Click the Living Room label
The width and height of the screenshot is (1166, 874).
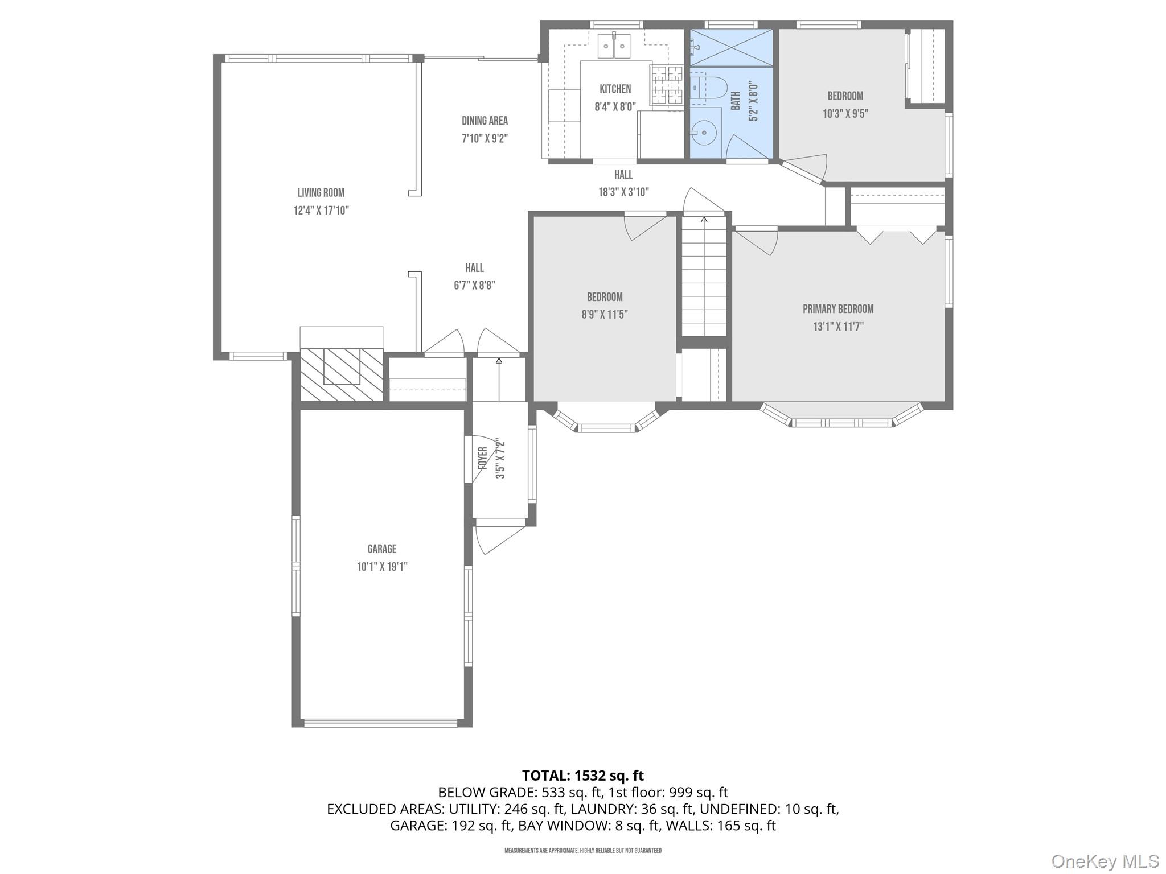point(321,193)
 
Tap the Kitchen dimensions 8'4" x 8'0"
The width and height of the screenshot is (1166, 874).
point(615,106)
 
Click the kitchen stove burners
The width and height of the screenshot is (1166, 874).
point(667,85)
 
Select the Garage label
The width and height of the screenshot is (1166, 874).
point(381,549)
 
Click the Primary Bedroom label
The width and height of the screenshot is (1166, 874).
point(838,309)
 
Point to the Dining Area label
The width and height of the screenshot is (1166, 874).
point(485,121)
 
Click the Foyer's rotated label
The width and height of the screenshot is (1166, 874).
point(482,459)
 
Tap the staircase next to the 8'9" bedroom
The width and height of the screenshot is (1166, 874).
point(704,276)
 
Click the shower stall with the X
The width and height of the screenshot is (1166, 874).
point(732,48)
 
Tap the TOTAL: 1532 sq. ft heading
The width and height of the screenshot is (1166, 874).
point(582,776)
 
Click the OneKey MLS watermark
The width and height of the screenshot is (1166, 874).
point(1105,861)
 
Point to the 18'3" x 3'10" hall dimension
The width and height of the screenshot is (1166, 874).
point(623,192)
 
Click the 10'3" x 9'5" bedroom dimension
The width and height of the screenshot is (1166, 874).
point(845,114)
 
